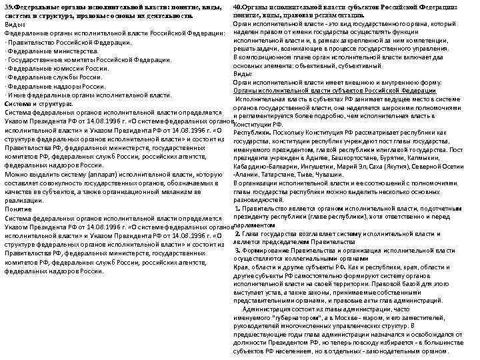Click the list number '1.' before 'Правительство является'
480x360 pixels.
point(237,208)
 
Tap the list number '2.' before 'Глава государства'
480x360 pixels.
point(238,234)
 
